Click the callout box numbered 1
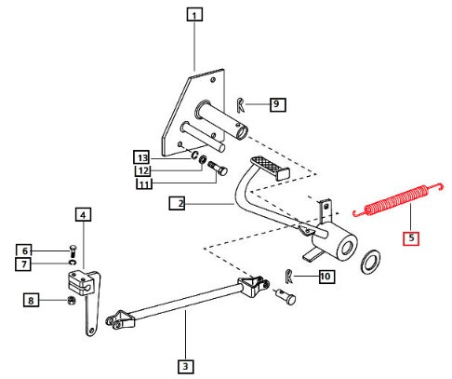tap(193, 14)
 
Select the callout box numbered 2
tap(177, 202)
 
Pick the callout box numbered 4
tap(83, 215)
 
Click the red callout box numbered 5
tap(411, 237)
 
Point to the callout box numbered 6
tap(26, 250)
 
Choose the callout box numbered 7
tap(26, 264)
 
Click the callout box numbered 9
tap(277, 104)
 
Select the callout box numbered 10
tap(325, 276)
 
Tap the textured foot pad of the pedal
tap(270, 169)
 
